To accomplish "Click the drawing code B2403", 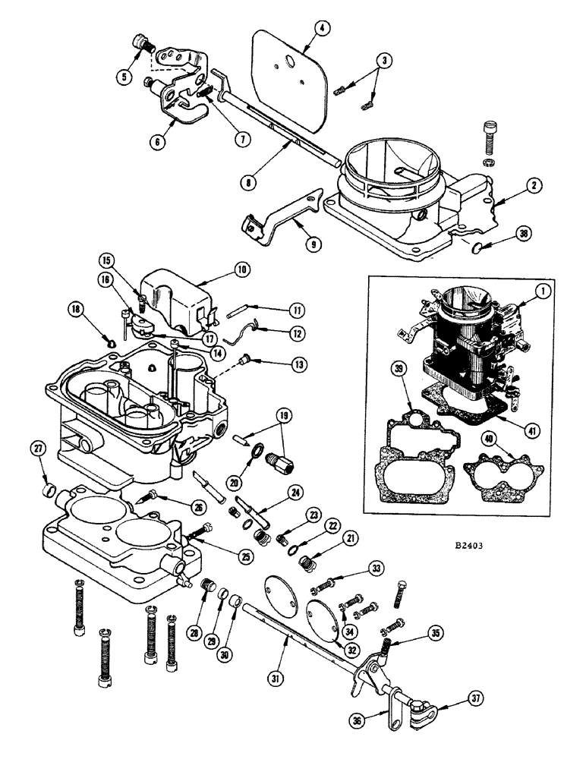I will (470, 544).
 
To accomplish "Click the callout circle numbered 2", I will (536, 184).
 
